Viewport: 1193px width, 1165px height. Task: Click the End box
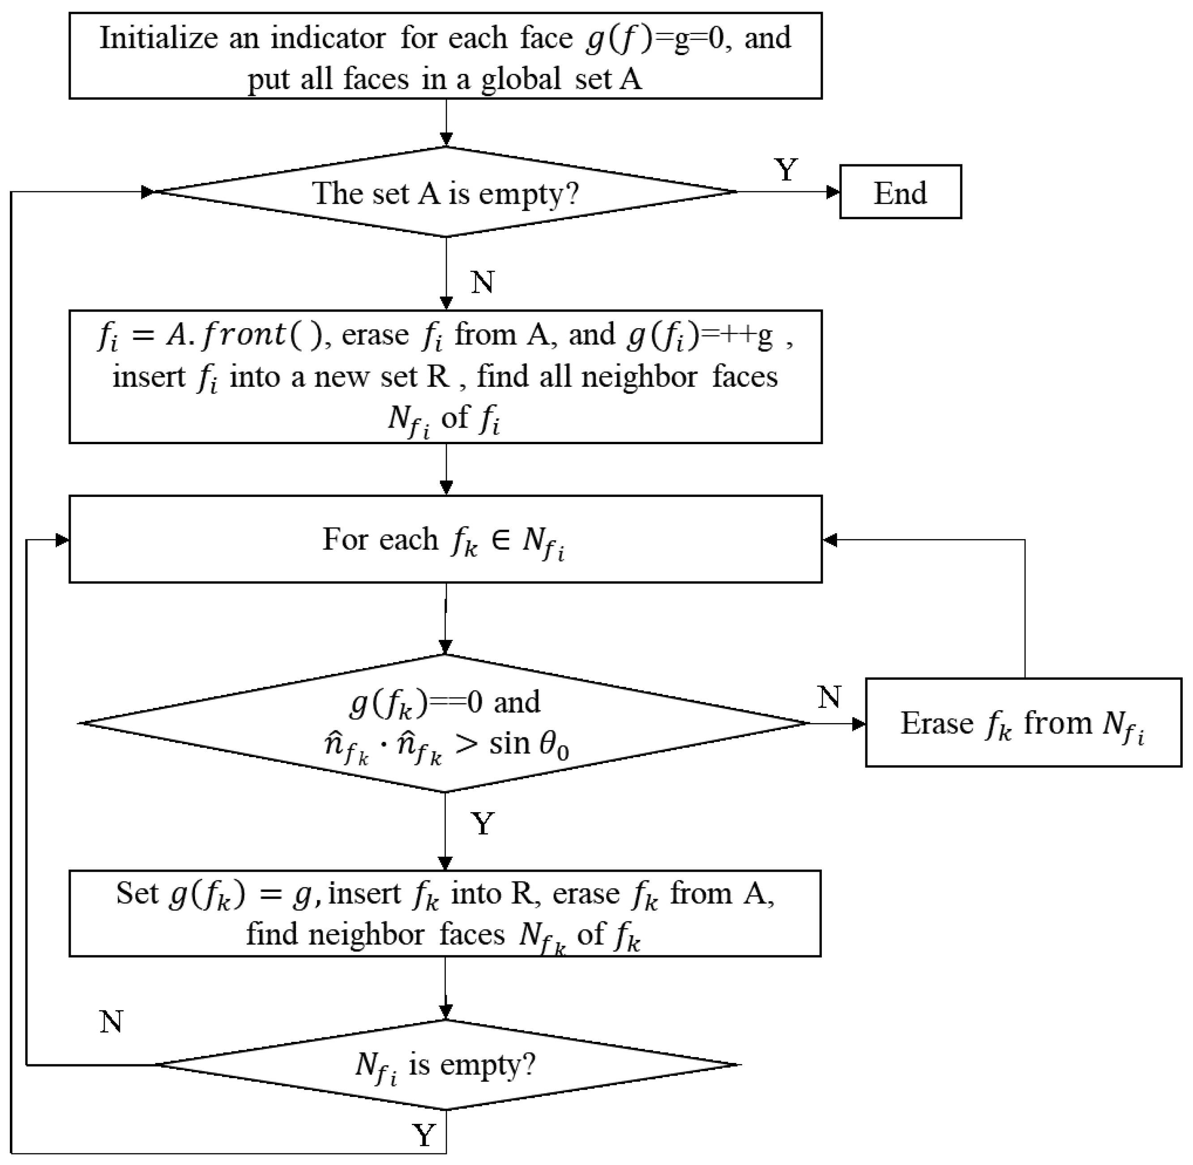tap(900, 192)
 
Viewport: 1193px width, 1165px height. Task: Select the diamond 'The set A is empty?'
tap(445, 192)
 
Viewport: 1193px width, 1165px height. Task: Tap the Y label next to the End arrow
tap(786, 170)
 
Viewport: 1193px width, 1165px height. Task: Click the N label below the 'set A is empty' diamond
tap(482, 282)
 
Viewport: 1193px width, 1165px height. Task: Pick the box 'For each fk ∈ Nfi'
tap(445, 539)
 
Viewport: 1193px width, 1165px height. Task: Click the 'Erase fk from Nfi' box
tap(1023, 723)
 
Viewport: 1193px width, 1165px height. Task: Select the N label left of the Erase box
tap(829, 697)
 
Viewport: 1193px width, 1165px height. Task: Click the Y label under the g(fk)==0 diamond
tap(482, 823)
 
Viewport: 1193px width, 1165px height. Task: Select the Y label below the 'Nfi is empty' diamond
tap(424, 1135)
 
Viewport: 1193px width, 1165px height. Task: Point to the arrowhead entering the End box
tap(833, 192)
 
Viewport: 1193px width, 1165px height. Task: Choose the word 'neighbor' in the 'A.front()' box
tap(639, 376)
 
